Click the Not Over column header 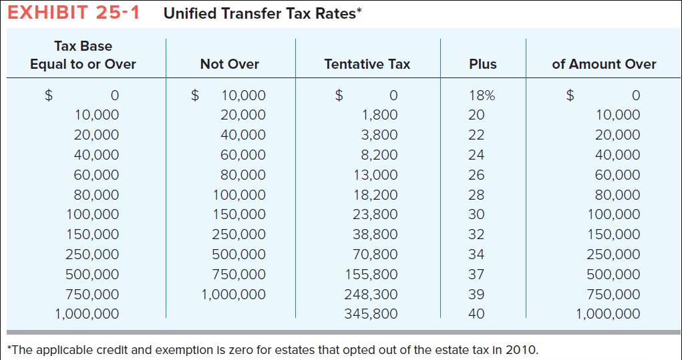coord(229,64)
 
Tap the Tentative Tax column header coord(367,64)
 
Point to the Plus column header coord(482,64)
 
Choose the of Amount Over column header coord(604,64)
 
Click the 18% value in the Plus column coord(482,96)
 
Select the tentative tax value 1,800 coord(379,115)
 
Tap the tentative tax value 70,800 coord(375,254)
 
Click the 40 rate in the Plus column coord(476,314)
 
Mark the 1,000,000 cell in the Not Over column coord(233,295)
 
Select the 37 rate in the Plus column coord(476,275)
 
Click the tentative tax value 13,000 coord(375,175)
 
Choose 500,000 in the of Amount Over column coord(613,275)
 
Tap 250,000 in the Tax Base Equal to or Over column coord(92,254)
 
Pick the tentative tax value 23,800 coord(375,214)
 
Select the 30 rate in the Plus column coord(476,214)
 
